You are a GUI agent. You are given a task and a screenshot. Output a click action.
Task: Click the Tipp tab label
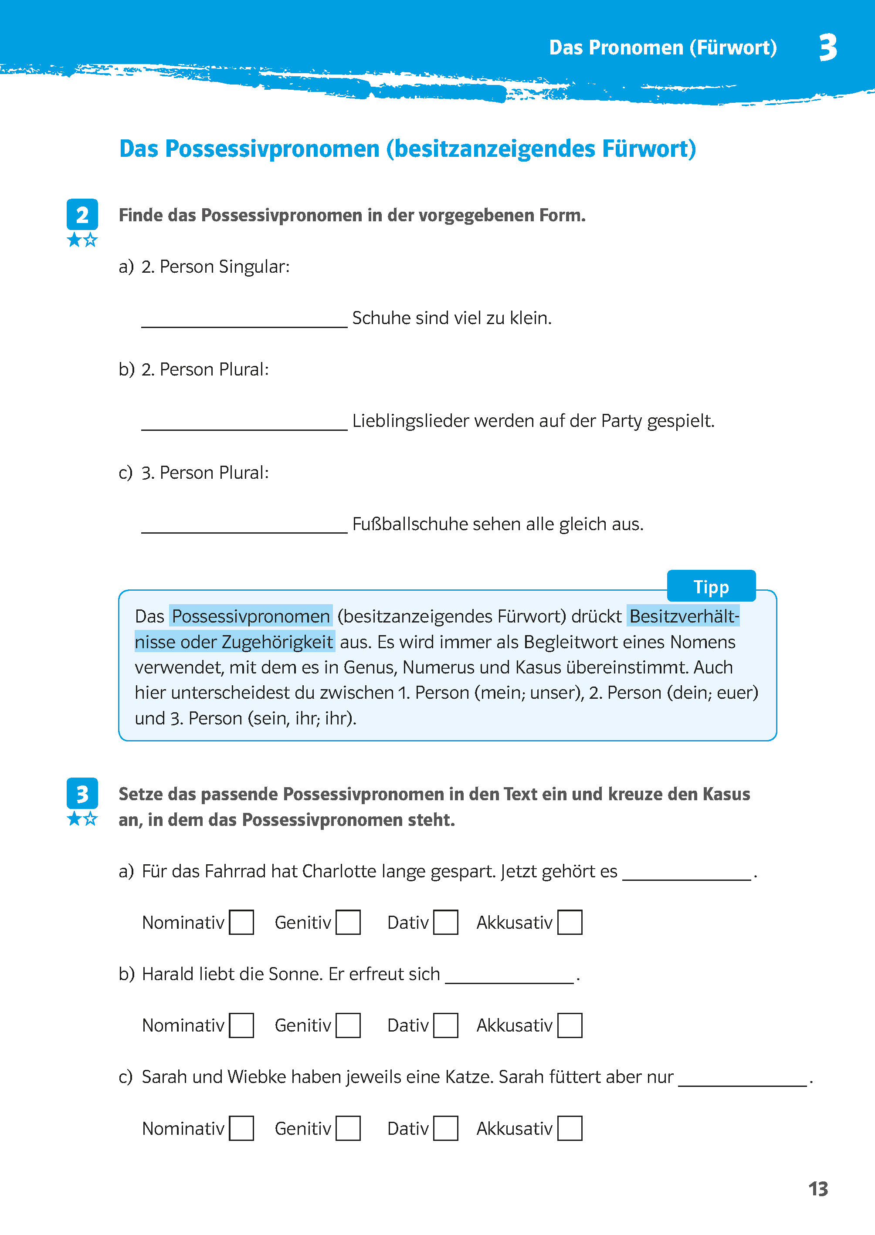pos(711,586)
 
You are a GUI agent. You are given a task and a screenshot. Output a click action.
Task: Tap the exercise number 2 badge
pos(82,214)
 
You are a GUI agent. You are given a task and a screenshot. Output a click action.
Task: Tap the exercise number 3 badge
pos(82,793)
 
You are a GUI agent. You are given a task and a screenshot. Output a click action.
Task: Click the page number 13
pos(817,1189)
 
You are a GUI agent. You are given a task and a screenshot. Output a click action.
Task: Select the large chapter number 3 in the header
pos(828,47)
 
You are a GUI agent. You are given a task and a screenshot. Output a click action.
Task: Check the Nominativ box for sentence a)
pos(241,922)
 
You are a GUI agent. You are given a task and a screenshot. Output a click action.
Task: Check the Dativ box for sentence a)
pos(446,922)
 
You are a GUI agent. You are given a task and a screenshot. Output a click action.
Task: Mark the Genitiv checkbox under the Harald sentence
pos(348,1025)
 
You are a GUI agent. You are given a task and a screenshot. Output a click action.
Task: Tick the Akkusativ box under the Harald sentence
pos(570,1025)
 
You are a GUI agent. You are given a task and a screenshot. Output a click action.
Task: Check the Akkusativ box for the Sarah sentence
pos(570,1128)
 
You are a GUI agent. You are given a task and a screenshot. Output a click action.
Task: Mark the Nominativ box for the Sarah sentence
pos(241,1128)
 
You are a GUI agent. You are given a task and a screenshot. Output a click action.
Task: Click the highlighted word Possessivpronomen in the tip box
pos(251,616)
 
